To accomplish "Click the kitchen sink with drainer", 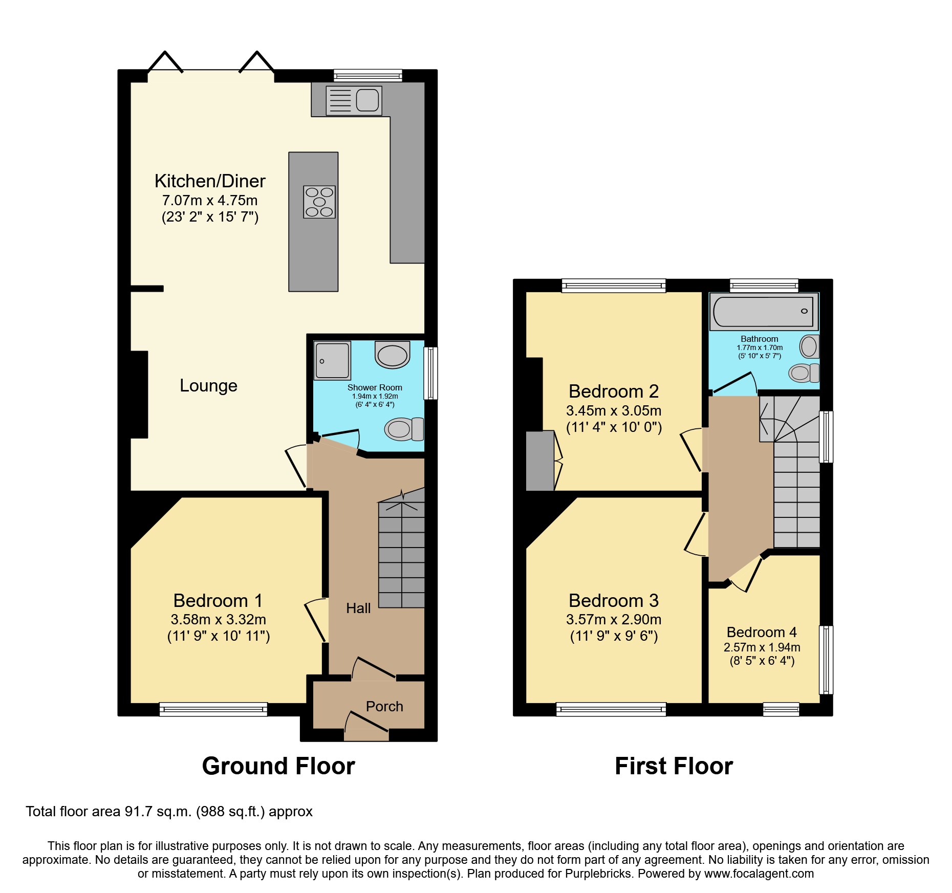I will (x=354, y=100).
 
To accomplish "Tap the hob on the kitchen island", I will (x=319, y=202).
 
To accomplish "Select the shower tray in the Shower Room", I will (x=332, y=360).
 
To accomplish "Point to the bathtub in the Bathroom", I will (x=763, y=311).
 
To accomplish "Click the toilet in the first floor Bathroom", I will (x=804, y=373).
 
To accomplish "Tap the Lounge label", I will (x=208, y=386).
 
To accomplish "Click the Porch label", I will (x=384, y=707).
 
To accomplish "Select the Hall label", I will (x=358, y=608).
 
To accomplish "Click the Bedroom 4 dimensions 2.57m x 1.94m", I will (x=762, y=647).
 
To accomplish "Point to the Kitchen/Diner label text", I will (x=210, y=181).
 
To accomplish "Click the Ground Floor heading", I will (x=278, y=767).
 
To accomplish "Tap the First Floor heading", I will (x=674, y=767).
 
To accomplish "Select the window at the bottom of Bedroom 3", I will (x=611, y=709).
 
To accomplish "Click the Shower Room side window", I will (x=431, y=373).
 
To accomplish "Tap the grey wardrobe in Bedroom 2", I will (x=540, y=461).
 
